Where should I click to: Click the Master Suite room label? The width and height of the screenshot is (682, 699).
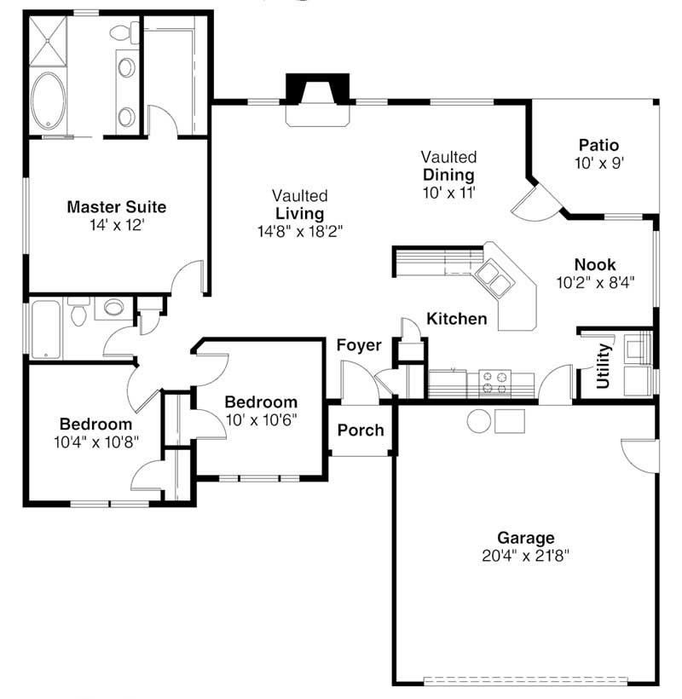click(116, 207)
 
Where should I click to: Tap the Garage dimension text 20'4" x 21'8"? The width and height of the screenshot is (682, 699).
click(526, 555)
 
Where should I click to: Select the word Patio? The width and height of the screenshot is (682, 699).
click(598, 145)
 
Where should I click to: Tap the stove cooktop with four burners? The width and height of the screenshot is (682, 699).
click(494, 384)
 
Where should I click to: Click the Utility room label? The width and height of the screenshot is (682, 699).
click(604, 366)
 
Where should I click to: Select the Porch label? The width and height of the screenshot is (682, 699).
click(361, 430)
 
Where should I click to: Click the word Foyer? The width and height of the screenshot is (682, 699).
click(358, 345)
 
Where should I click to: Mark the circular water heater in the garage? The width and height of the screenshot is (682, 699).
click(478, 420)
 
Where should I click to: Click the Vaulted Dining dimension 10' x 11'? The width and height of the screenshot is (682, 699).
click(448, 193)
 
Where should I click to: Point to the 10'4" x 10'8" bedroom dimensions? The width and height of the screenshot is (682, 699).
click(95, 441)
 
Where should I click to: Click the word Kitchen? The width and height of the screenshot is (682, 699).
click(457, 320)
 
